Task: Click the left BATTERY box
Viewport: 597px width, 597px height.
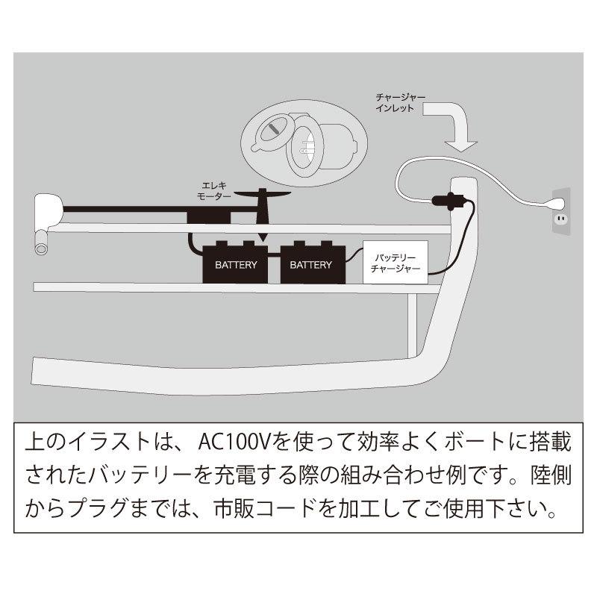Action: pyautogui.click(x=236, y=263)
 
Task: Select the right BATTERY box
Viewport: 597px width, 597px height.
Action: pyautogui.click(x=310, y=263)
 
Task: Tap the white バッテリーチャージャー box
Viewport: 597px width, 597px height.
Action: pyautogui.click(x=396, y=262)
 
